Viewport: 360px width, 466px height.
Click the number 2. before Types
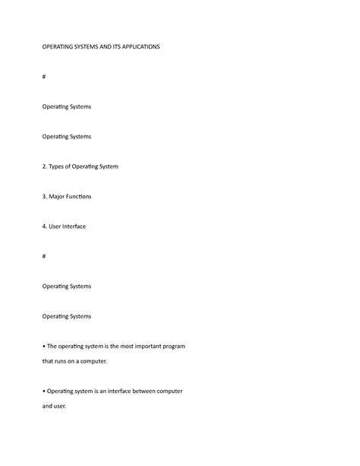[44, 166]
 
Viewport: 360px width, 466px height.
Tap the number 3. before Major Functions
[44, 196]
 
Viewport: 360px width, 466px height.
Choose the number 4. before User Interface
[44, 226]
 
